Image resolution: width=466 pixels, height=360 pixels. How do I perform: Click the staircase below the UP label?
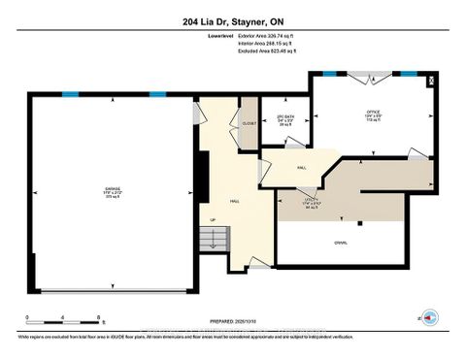(x=223, y=243)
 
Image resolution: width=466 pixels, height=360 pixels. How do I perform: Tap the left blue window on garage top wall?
(x=71, y=94)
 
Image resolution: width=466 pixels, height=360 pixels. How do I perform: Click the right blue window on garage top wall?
(x=157, y=94)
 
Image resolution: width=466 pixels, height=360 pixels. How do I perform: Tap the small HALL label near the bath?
(x=303, y=166)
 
